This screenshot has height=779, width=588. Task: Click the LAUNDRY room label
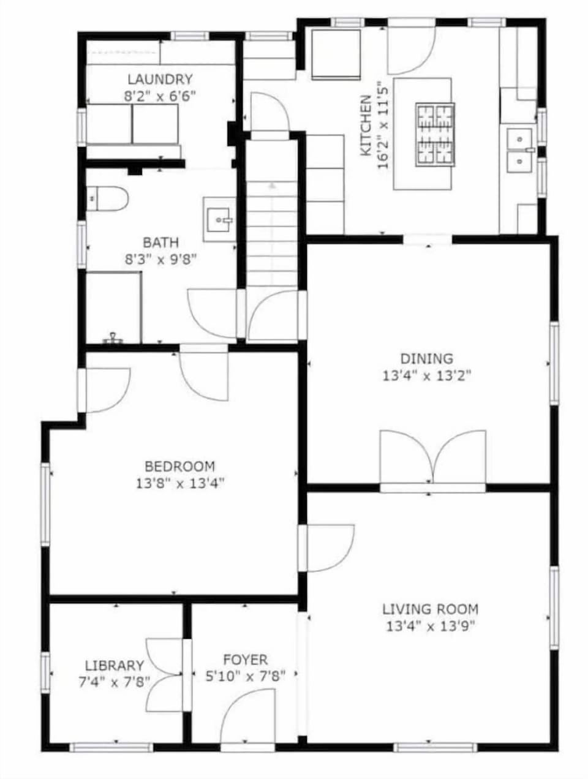click(x=160, y=79)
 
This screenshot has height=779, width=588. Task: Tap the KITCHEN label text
click(x=365, y=125)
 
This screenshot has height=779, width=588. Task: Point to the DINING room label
click(x=426, y=359)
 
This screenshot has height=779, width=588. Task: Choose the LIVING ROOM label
click(x=430, y=609)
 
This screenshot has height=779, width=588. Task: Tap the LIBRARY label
click(x=115, y=666)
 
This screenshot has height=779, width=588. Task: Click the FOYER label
click(x=245, y=660)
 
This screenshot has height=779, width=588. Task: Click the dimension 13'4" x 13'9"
click(x=430, y=626)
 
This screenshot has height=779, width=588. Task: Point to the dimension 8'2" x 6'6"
click(x=160, y=96)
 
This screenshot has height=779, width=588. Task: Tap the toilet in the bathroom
click(x=107, y=198)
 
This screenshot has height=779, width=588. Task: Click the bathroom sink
click(x=219, y=219)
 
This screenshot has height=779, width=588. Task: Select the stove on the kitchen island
click(x=435, y=135)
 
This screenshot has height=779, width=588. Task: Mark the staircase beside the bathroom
click(x=272, y=214)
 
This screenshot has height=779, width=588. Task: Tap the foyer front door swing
click(x=247, y=717)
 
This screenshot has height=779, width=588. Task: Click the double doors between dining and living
click(x=433, y=459)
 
